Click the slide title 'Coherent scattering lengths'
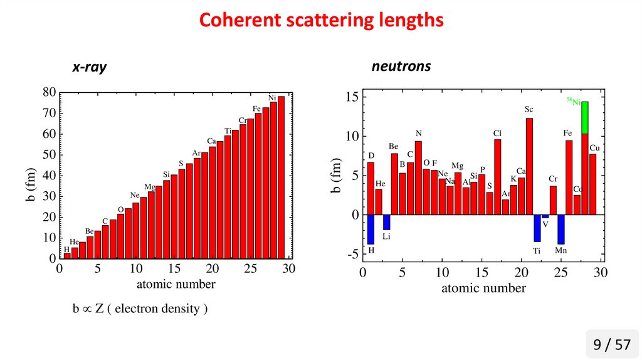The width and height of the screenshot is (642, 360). [x=321, y=21]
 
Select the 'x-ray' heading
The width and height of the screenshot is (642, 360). [x=88, y=68]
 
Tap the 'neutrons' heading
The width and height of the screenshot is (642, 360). [x=401, y=66]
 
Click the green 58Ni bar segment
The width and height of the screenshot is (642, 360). [x=584, y=117]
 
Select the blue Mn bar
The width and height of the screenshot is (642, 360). [x=560, y=229]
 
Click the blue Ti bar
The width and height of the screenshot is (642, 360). [x=537, y=228]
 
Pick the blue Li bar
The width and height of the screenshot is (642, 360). [x=387, y=222]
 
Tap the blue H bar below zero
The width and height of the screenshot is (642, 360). [x=371, y=229]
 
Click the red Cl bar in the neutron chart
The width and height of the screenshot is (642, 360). [x=497, y=177]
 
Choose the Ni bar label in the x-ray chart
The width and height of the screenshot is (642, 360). [x=272, y=98]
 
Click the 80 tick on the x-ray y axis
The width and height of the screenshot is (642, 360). [x=49, y=92]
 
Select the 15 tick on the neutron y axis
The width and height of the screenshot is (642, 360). [x=351, y=97]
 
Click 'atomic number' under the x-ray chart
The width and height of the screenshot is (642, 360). [x=176, y=284]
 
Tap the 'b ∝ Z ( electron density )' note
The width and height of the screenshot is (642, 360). [x=139, y=309]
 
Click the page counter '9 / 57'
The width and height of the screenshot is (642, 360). [x=612, y=344]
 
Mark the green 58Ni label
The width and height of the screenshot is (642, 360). [x=572, y=100]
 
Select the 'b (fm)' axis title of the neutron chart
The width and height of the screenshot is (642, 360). [x=337, y=175]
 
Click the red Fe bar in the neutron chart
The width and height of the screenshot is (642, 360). [x=569, y=177]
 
